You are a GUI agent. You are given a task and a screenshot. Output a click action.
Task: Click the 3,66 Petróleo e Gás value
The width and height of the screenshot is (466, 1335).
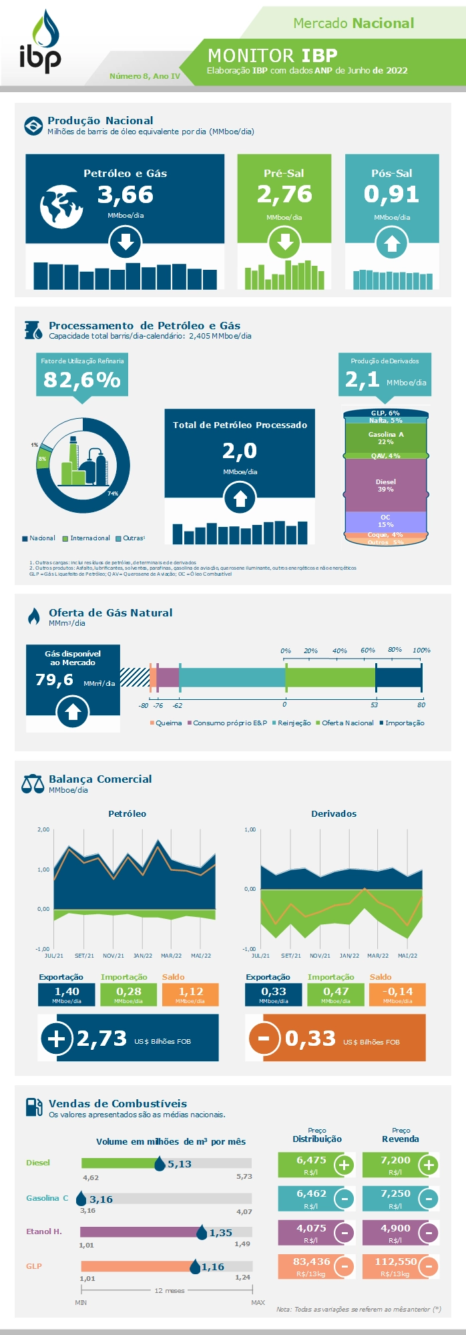coord(126,195)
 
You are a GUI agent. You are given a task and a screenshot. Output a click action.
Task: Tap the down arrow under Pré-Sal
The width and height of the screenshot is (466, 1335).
coord(284,243)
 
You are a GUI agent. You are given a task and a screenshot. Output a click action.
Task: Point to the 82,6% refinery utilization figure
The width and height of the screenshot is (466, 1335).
coord(82,379)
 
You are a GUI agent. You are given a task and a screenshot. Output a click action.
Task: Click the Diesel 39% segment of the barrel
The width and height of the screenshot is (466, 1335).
coord(385,486)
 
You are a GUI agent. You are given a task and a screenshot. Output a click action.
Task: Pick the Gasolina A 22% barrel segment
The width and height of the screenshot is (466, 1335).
coord(385,438)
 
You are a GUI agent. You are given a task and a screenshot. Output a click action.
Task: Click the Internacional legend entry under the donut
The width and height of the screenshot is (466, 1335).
coord(86,538)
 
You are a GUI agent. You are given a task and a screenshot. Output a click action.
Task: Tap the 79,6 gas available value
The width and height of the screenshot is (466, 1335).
coord(55,680)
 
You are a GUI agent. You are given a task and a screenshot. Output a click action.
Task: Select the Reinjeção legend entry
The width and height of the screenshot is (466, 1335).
coord(291,723)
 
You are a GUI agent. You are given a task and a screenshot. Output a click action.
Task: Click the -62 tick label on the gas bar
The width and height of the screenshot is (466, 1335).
coord(177,705)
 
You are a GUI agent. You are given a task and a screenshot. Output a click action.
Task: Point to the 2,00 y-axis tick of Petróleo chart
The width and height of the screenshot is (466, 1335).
coord(43,829)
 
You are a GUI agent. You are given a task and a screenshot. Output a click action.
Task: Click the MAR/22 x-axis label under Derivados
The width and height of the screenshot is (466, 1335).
coord(378,956)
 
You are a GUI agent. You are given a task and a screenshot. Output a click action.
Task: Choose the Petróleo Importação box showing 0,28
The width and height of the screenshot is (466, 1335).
coord(128,994)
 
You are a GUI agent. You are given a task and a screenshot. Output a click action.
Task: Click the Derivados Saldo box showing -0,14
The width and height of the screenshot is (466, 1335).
coord(397,994)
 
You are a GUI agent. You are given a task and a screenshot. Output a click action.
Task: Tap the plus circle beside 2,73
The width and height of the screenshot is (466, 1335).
coord(57,1038)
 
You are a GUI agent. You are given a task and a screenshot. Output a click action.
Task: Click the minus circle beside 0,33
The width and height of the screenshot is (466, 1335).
coord(264,1038)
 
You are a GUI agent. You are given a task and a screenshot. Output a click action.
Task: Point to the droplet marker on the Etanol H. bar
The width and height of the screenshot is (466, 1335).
coord(202,1233)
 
